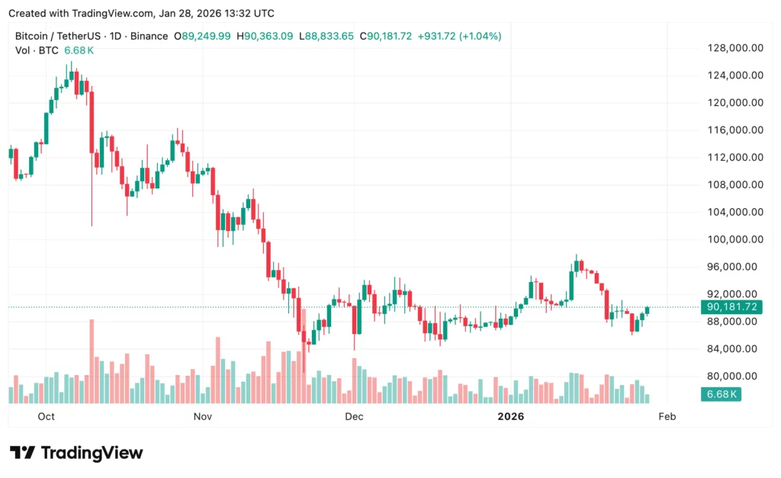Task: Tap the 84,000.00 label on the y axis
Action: (734, 348)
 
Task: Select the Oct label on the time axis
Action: (47, 416)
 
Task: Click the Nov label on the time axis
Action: (202, 416)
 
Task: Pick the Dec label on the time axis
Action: (353, 416)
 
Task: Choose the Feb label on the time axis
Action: (667, 416)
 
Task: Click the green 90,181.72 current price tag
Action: (731, 307)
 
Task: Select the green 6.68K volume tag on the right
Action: (722, 394)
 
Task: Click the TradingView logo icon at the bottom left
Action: (22, 453)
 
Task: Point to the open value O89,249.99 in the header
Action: (202, 36)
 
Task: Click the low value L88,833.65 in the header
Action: (326, 36)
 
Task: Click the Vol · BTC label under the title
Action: (37, 50)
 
